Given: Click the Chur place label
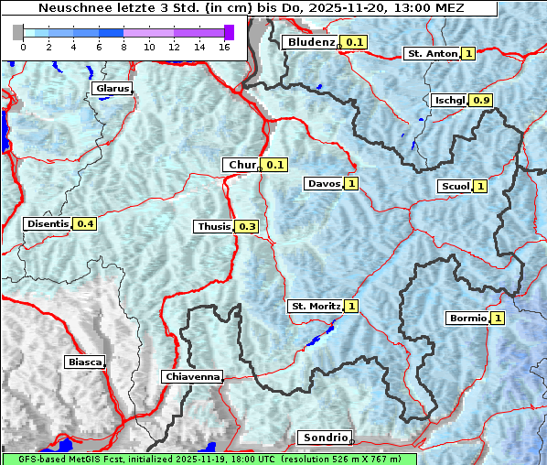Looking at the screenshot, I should click(241, 165).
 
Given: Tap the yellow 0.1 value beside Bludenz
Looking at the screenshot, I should click(354, 42).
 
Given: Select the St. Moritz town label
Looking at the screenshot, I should click(315, 306).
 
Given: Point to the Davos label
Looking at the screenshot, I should click(323, 183).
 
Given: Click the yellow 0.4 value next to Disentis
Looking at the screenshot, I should click(85, 223).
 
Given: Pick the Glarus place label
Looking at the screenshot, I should click(112, 89).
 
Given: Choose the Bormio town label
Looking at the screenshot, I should click(467, 319).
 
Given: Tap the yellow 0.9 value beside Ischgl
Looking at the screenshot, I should click(482, 100).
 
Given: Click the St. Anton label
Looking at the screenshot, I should click(431, 53).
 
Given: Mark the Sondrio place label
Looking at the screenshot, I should click(324, 438).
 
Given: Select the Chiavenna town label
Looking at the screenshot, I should click(192, 376).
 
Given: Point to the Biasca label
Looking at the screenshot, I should click(84, 362).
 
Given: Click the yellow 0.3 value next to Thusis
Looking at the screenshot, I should click(247, 226).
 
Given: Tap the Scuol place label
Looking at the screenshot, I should click(454, 186).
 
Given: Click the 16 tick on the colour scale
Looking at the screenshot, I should click(223, 47).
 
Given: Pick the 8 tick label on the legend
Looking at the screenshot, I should click(123, 47).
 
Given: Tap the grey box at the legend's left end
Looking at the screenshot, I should click(17, 32).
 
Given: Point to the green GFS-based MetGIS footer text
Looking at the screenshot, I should click(209, 459).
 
